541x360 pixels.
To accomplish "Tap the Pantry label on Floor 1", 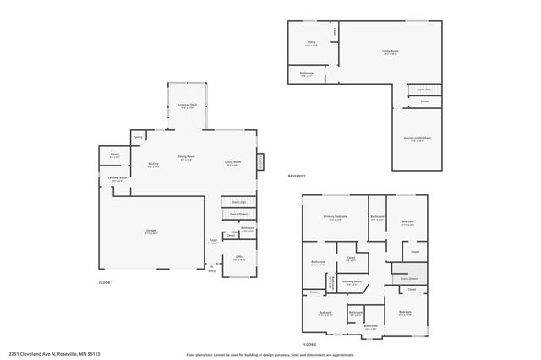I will [x=138, y=137].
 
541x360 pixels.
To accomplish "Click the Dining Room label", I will [x=186, y=157].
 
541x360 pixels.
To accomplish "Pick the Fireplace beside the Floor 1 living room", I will [x=260, y=161].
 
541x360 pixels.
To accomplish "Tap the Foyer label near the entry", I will [x=213, y=241].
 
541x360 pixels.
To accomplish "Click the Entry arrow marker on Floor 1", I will [x=211, y=270].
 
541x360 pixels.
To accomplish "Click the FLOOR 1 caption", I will [x=106, y=281].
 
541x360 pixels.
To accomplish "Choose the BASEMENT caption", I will [x=297, y=176].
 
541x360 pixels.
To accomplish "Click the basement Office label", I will [x=311, y=42].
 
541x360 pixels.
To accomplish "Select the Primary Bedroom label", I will [x=336, y=217].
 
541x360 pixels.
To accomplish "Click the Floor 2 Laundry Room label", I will [x=353, y=281].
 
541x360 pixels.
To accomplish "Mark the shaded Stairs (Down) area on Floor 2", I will [x=410, y=275].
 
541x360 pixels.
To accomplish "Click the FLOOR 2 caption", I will [x=309, y=344].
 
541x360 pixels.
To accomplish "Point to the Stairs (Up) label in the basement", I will [x=424, y=88].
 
